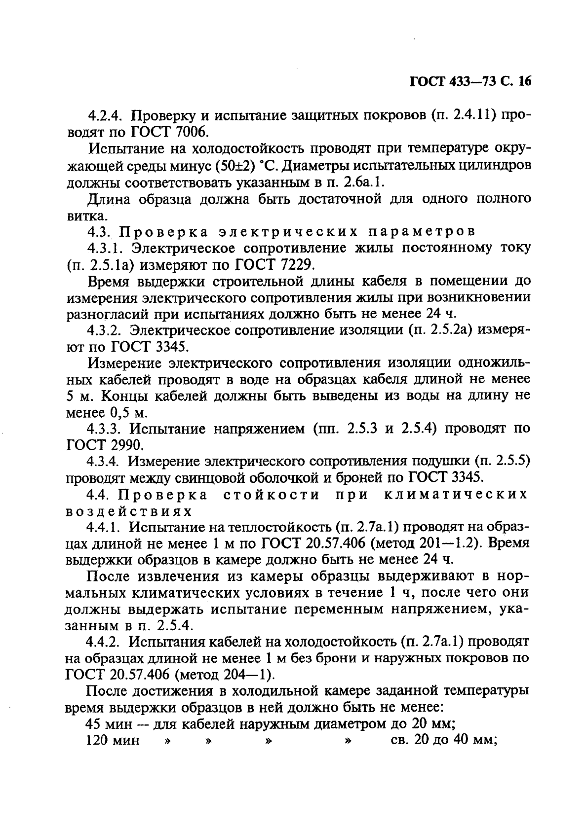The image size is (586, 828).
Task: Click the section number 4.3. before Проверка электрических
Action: coord(100,231)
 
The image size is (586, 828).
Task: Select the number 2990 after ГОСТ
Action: coord(126,445)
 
